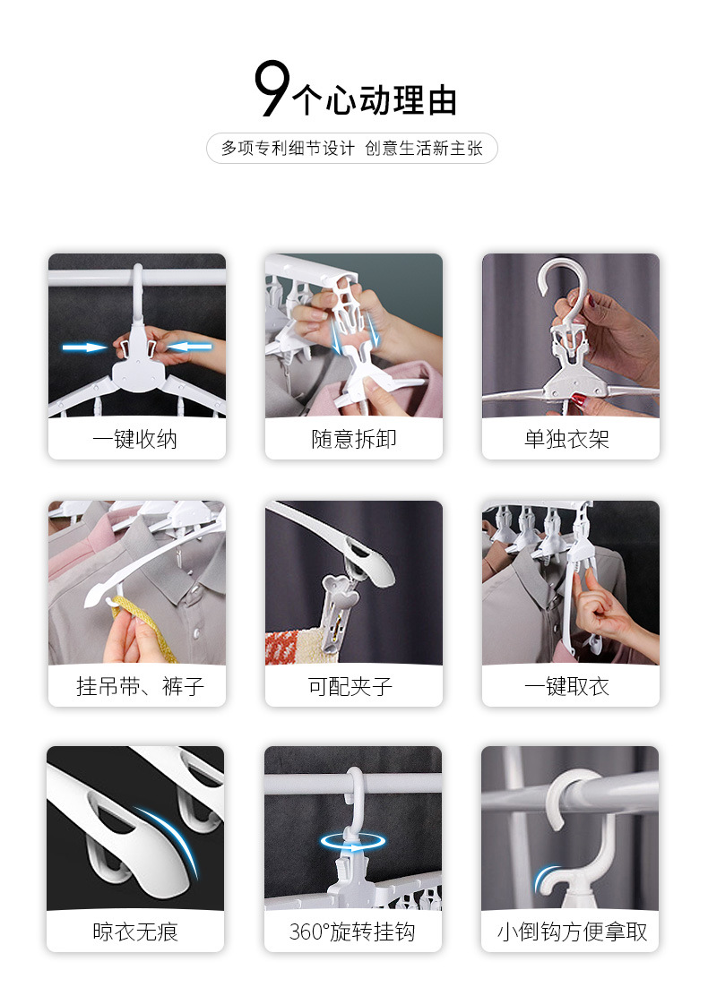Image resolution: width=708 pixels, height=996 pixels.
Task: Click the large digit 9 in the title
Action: point(272,90)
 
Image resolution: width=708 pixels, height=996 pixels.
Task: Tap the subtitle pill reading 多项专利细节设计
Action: point(352,149)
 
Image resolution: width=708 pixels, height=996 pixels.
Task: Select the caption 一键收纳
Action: point(136,439)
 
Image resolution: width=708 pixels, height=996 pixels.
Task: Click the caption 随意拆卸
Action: point(353,439)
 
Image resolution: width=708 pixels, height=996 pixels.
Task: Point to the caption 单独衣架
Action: point(570,439)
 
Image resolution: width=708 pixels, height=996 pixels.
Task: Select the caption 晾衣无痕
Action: point(135,932)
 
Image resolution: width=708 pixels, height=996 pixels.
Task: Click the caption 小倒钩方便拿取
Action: point(572,932)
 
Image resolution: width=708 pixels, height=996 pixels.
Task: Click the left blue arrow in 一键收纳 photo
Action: point(84,347)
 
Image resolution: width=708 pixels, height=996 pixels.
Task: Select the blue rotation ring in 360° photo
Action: point(353,842)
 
